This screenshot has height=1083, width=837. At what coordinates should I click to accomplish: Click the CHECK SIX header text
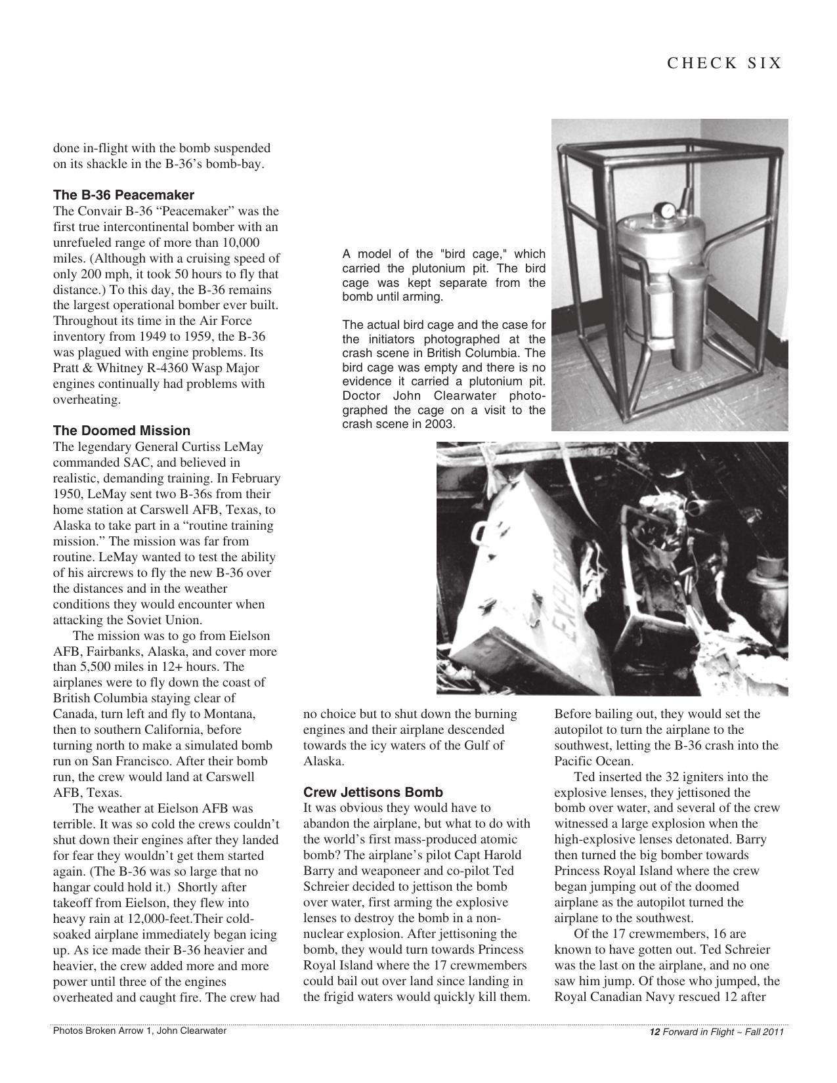pyautogui.click(x=724, y=63)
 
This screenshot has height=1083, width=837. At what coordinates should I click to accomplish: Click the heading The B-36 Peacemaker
pyautogui.click(x=123, y=195)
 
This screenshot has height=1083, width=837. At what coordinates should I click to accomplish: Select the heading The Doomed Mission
pyautogui.click(x=121, y=431)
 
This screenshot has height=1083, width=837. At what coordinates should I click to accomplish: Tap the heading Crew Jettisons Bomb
pyautogui.click(x=373, y=792)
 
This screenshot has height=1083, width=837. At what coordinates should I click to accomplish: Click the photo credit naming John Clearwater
pyautogui.click(x=139, y=1030)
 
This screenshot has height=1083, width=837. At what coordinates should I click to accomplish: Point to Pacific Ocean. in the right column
pyautogui.click(x=593, y=761)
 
